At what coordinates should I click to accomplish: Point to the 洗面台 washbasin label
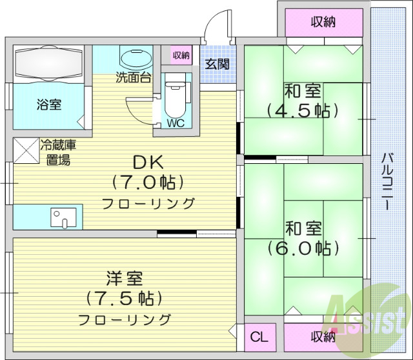133,79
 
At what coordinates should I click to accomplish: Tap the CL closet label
259,337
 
